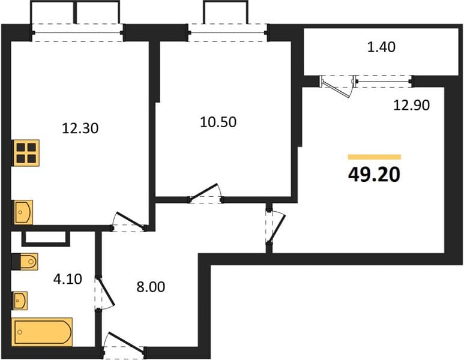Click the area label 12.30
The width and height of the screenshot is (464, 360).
pyautogui.click(x=80, y=128)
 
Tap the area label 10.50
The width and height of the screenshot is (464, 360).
pyautogui.click(x=218, y=122)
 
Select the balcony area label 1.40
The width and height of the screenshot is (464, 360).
pyautogui.click(x=381, y=47)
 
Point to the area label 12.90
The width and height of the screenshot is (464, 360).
pyautogui.click(x=411, y=105)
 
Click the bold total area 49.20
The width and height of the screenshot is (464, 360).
pyautogui.click(x=374, y=174)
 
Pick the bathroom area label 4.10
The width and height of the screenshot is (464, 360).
pyautogui.click(x=67, y=279)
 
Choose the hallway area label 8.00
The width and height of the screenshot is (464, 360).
pyautogui.click(x=151, y=287)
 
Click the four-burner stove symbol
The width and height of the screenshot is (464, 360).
pyautogui.click(x=26, y=152)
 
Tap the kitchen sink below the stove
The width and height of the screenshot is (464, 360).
pyautogui.click(x=23, y=212)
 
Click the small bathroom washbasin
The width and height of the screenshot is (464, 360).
pyautogui.click(x=20, y=301)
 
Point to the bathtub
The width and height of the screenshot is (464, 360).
pyautogui.click(x=42, y=332)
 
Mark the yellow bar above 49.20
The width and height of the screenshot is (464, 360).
pyautogui.click(x=375, y=157)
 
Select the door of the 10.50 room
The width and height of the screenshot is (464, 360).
pyautogui.click(x=205, y=193)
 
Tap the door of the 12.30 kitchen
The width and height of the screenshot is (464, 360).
pyautogui.click(x=129, y=221)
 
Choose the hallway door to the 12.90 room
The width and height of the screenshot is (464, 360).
pyautogui.click(x=276, y=227)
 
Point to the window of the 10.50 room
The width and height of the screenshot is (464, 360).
pyautogui.click(x=228, y=32)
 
